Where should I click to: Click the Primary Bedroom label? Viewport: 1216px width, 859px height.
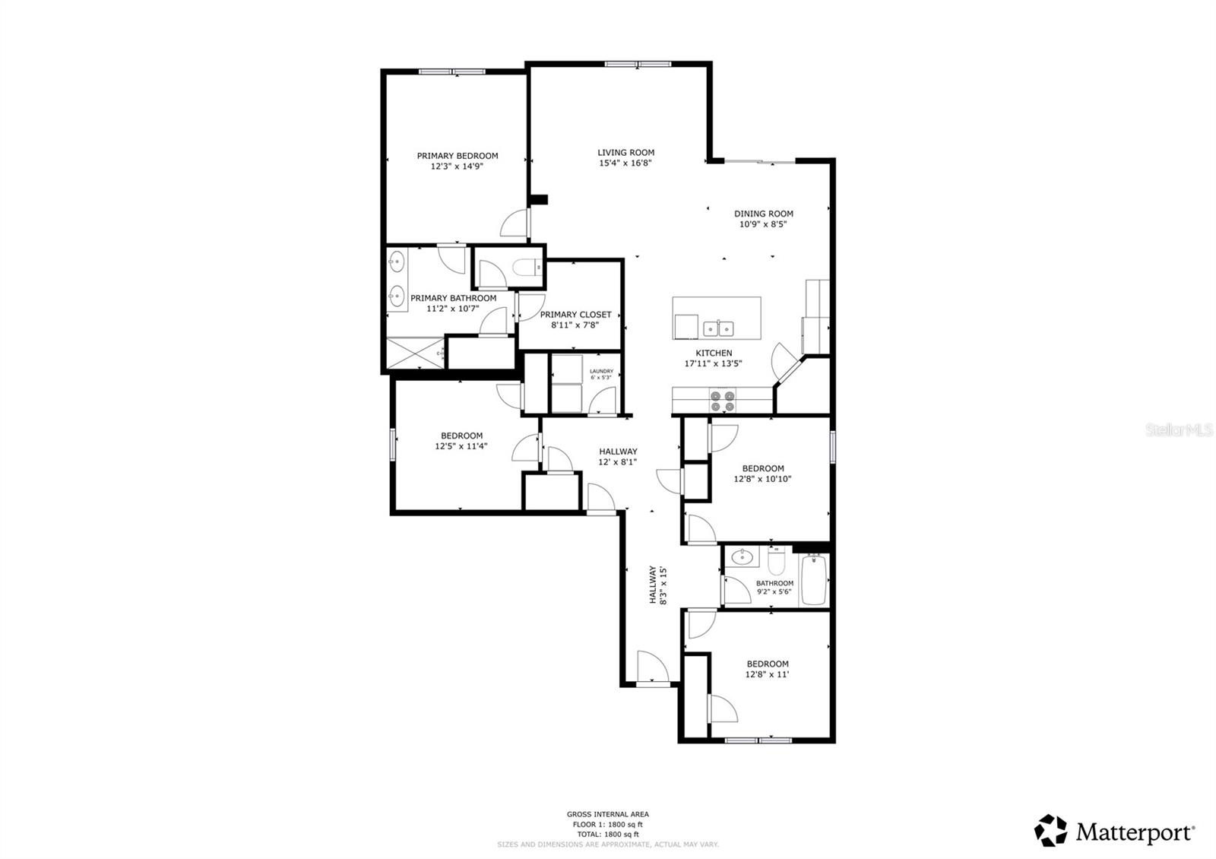pos(457,156)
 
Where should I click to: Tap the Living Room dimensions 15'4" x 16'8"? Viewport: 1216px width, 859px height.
pos(625,163)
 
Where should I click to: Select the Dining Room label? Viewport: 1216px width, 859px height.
pos(763,214)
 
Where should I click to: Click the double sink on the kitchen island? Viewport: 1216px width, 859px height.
pos(718,328)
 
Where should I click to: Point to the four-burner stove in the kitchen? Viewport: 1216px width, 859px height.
pos(722,401)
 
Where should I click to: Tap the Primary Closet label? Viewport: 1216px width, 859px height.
pos(575,314)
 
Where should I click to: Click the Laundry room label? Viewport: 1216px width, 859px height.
pos(601,371)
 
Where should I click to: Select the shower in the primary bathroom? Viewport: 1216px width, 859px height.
pos(415,353)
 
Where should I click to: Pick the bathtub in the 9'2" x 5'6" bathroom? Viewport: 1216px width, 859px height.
pos(813,579)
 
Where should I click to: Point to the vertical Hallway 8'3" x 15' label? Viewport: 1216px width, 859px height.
pos(657,585)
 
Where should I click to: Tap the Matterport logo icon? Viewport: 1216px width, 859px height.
pos(1052,830)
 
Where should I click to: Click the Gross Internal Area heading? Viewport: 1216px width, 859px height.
pos(607,814)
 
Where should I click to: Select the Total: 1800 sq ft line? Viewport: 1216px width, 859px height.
pos(607,834)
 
